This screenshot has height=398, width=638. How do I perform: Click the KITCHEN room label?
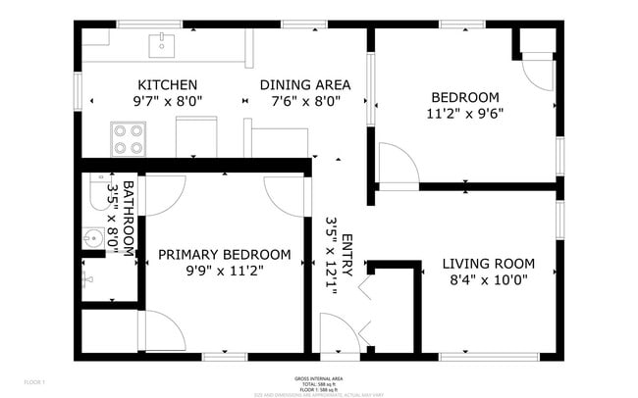point(167,85)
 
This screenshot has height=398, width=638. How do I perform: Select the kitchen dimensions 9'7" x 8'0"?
point(167,101)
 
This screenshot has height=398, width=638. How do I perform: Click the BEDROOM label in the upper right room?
point(465,97)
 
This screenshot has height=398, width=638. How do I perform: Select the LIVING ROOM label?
point(488,264)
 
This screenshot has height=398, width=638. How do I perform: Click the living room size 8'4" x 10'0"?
point(488,279)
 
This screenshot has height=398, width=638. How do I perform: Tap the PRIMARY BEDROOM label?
point(224,255)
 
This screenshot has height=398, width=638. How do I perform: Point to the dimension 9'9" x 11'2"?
point(224,271)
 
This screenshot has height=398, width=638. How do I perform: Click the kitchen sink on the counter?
point(162,44)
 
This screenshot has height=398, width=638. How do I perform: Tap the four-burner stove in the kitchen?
point(128,138)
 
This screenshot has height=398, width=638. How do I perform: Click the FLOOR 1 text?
point(34,379)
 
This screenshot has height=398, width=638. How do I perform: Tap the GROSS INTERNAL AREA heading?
point(318,377)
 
